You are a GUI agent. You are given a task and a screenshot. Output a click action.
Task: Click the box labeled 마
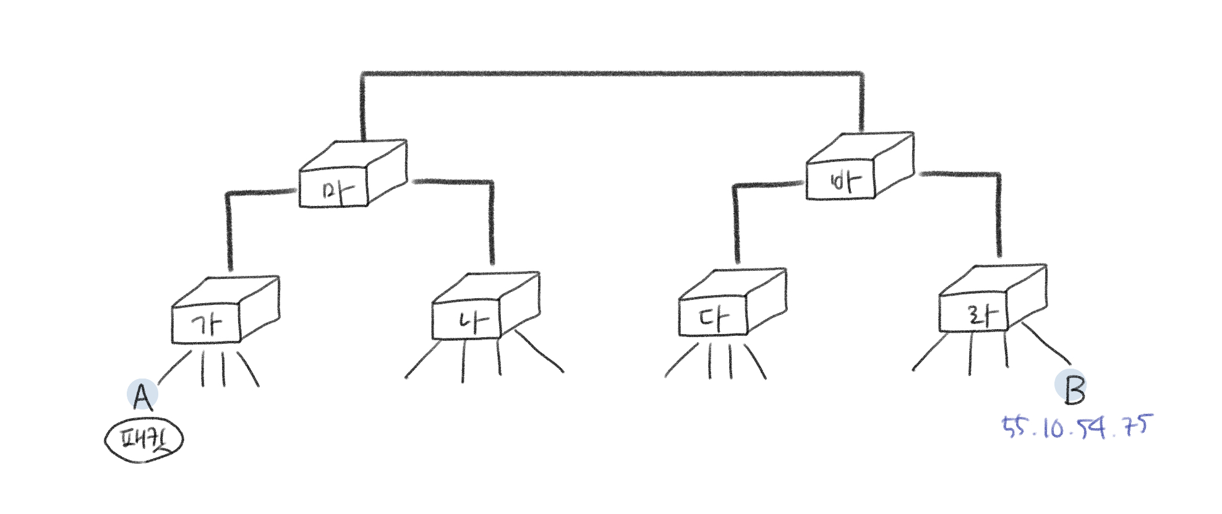point(337,189)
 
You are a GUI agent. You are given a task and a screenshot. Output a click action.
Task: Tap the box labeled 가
point(207,324)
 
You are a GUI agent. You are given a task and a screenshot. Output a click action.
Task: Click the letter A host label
point(142,396)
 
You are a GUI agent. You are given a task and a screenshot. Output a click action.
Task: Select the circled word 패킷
point(144,440)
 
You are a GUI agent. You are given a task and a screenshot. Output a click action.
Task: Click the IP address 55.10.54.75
point(1076,427)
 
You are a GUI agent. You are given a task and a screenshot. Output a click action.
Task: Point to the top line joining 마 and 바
point(612,74)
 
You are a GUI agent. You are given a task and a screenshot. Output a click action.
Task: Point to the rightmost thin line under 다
point(755,361)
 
